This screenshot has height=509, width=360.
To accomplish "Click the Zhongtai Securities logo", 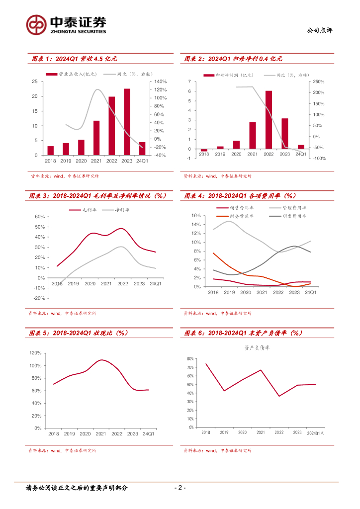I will (x=66, y=25).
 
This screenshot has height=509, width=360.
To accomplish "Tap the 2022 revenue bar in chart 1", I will (x=112, y=126).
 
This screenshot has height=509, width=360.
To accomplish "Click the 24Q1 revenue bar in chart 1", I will (x=142, y=149).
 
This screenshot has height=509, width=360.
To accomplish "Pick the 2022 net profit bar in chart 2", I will (x=269, y=120).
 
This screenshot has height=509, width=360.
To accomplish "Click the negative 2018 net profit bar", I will (x=204, y=150).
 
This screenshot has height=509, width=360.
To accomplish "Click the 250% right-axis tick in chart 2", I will (x=318, y=82).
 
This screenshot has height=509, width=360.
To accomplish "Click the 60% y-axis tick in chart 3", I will (x=39, y=217).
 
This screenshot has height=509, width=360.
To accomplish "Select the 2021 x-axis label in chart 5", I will (x=101, y=433).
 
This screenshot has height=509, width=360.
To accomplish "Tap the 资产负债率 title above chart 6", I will (x=257, y=348).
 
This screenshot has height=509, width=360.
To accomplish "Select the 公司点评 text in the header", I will (x=321, y=30).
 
